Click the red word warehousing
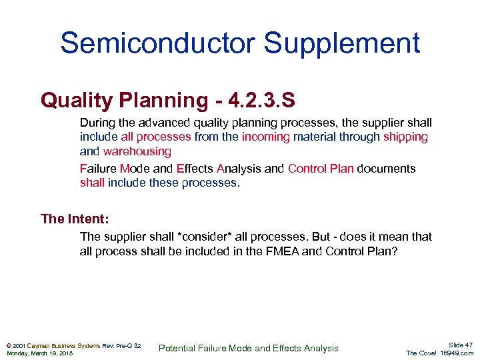click(137, 151)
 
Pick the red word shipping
click(405, 137)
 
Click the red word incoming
click(265, 137)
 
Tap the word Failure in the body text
click(98, 169)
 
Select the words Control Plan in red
click(321, 169)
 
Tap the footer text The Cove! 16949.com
click(439, 353)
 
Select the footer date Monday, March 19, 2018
click(39, 353)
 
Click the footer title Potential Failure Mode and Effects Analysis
click(248, 348)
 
